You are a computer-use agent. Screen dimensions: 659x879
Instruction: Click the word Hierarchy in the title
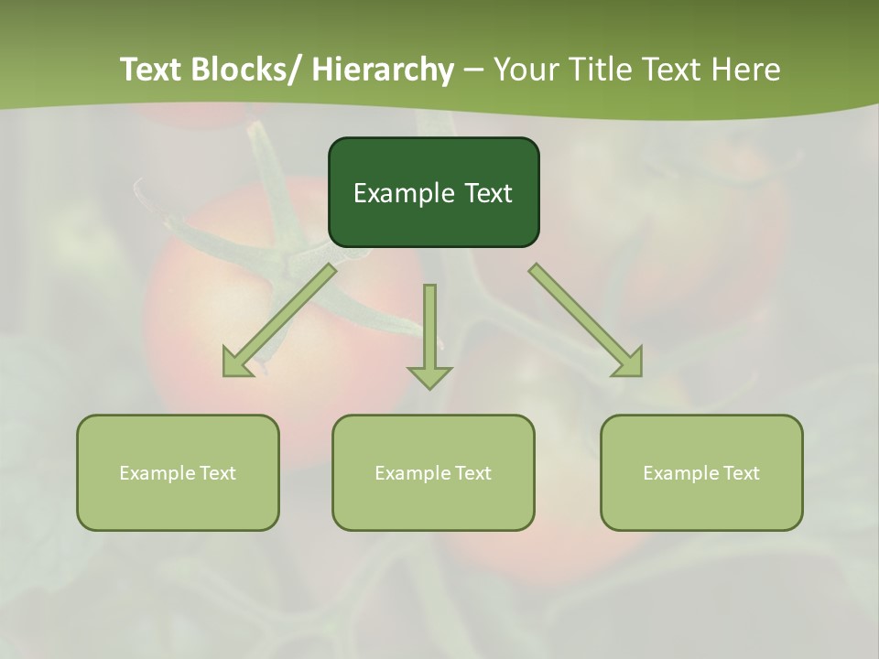click(383, 70)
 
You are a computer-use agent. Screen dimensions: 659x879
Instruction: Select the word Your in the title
click(528, 70)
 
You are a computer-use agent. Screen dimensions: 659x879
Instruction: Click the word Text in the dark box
click(486, 193)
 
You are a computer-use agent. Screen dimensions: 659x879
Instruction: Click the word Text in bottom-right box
click(740, 473)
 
